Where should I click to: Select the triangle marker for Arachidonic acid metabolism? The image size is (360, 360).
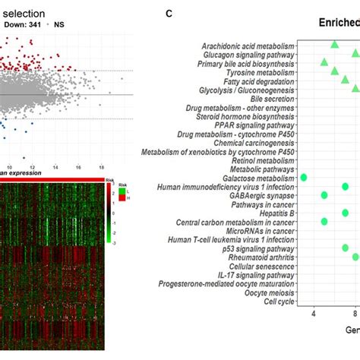coord(335,46)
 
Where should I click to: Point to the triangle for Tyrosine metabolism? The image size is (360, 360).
coord(335,72)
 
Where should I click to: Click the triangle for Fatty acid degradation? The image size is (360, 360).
coord(345,81)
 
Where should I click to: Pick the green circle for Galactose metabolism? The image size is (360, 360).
coord(304,177)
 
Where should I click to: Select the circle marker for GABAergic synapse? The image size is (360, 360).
coord(324,195)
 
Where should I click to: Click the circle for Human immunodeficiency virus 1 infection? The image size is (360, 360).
coord(346,186)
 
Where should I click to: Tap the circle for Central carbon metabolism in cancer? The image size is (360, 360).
coord(324,222)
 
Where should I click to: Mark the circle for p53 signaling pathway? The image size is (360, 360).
coord(346,248)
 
